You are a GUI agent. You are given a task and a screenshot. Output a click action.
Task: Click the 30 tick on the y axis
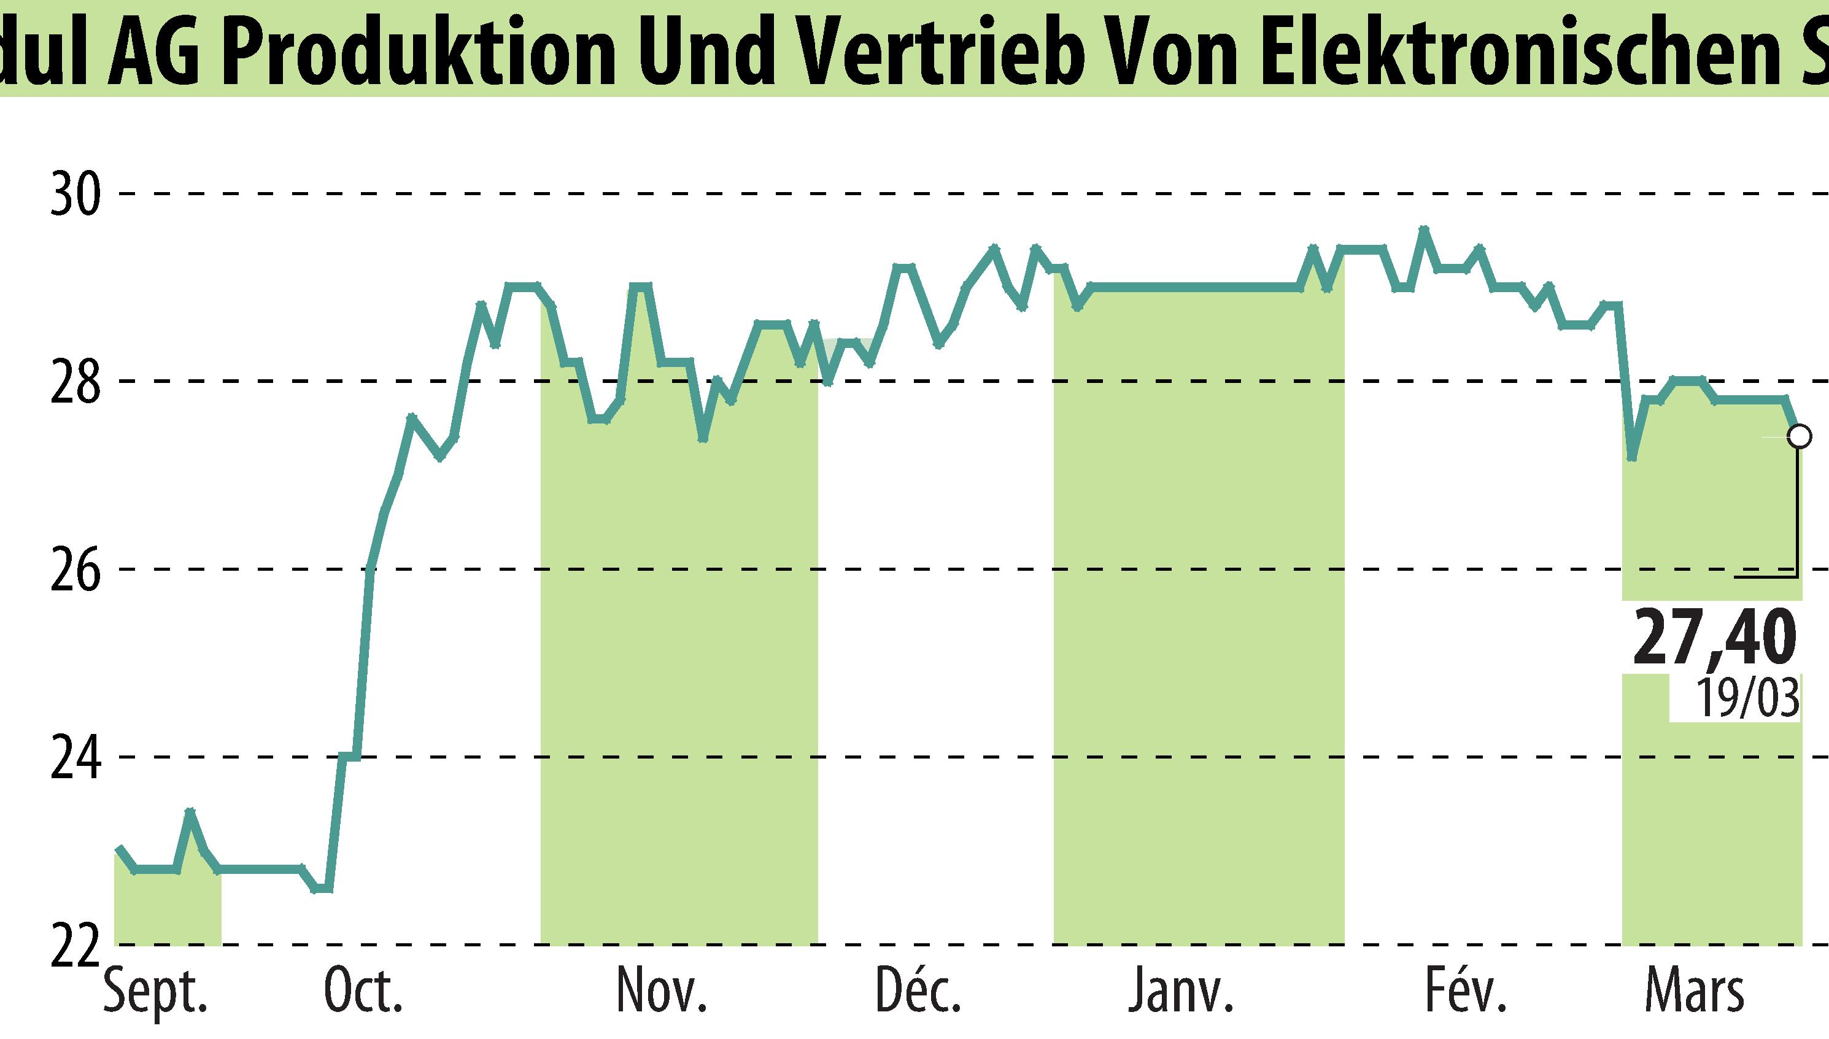75,193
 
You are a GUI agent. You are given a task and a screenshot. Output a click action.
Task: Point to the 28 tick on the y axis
75,381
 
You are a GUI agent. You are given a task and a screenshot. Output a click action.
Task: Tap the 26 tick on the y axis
75,570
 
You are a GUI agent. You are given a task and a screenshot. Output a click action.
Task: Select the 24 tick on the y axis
75,757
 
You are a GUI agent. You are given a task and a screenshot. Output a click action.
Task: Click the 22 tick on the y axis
75,946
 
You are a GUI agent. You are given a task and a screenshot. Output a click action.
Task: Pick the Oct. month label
363,992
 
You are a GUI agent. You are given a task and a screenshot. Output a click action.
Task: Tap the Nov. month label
662,992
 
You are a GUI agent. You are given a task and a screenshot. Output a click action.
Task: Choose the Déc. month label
918,992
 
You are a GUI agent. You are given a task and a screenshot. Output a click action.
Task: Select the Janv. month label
1181,992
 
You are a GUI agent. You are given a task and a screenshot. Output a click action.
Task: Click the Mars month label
1693,992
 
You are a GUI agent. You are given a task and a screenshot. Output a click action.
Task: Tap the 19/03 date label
1747,698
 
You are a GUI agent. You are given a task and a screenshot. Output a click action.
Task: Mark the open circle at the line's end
1799,436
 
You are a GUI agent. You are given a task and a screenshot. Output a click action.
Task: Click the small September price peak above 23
190,811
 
